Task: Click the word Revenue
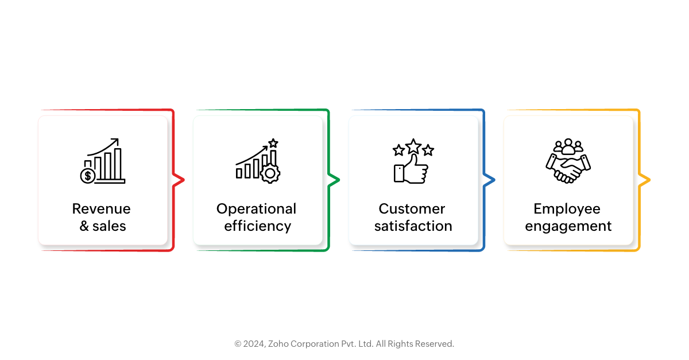pos(101,208)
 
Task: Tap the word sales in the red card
pos(109,226)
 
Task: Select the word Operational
pos(256,210)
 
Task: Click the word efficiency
pos(257,226)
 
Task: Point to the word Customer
pos(412,208)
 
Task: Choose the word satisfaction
pos(413,226)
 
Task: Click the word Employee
pos(567,210)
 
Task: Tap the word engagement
pos(568,227)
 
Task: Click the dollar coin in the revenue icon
pos(88,176)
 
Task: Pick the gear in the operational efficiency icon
pos(270,173)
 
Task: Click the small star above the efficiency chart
pos(273,143)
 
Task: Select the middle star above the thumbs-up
pos(413,146)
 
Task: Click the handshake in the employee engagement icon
pos(568,169)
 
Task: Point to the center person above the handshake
pos(568,146)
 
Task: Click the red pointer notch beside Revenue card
pos(179,180)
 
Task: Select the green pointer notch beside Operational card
pos(334,180)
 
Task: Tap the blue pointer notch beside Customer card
pos(489,180)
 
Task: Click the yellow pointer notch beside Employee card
pos(644,180)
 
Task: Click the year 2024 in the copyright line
pos(254,344)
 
